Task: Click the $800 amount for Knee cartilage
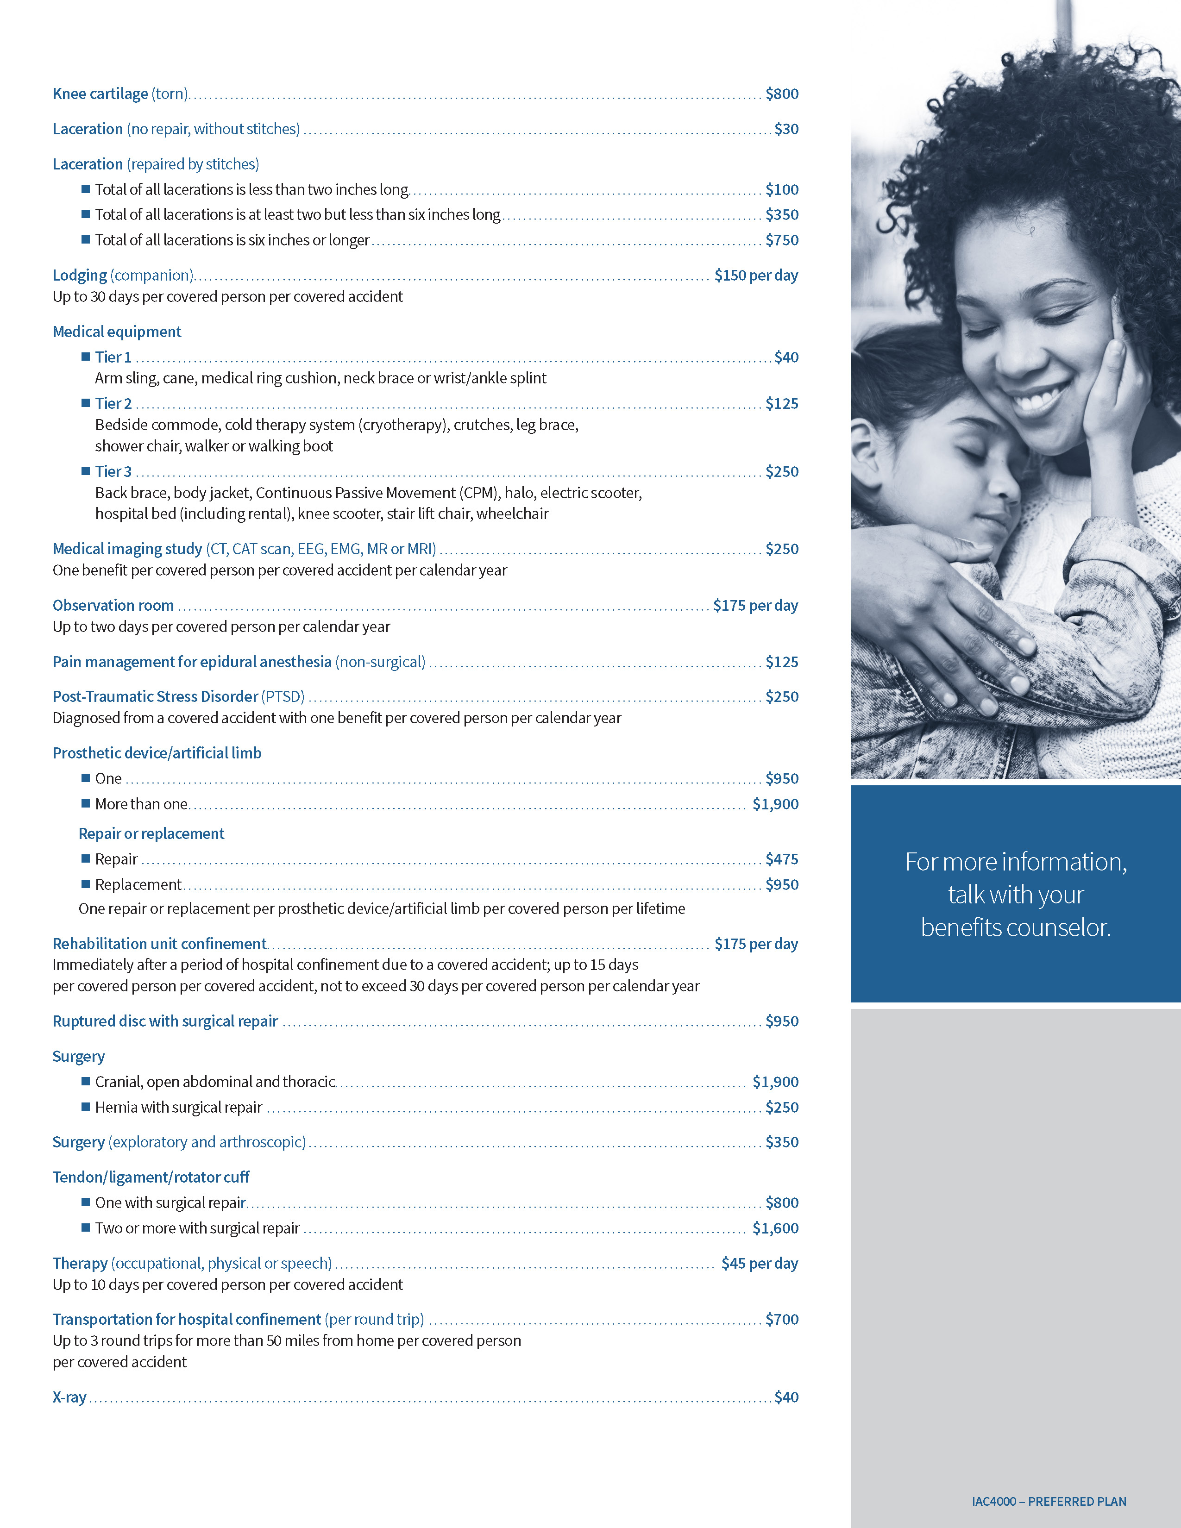click(x=781, y=94)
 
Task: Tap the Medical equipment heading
click(x=117, y=332)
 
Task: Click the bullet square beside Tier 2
click(x=85, y=403)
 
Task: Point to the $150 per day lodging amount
click(x=756, y=275)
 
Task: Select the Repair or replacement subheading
click(x=151, y=833)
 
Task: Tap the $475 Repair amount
click(x=781, y=859)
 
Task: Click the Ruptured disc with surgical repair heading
click(x=165, y=1021)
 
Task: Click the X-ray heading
click(x=69, y=1397)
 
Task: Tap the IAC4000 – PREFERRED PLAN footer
click(x=1048, y=1502)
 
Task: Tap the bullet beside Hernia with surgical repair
click(x=85, y=1107)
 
